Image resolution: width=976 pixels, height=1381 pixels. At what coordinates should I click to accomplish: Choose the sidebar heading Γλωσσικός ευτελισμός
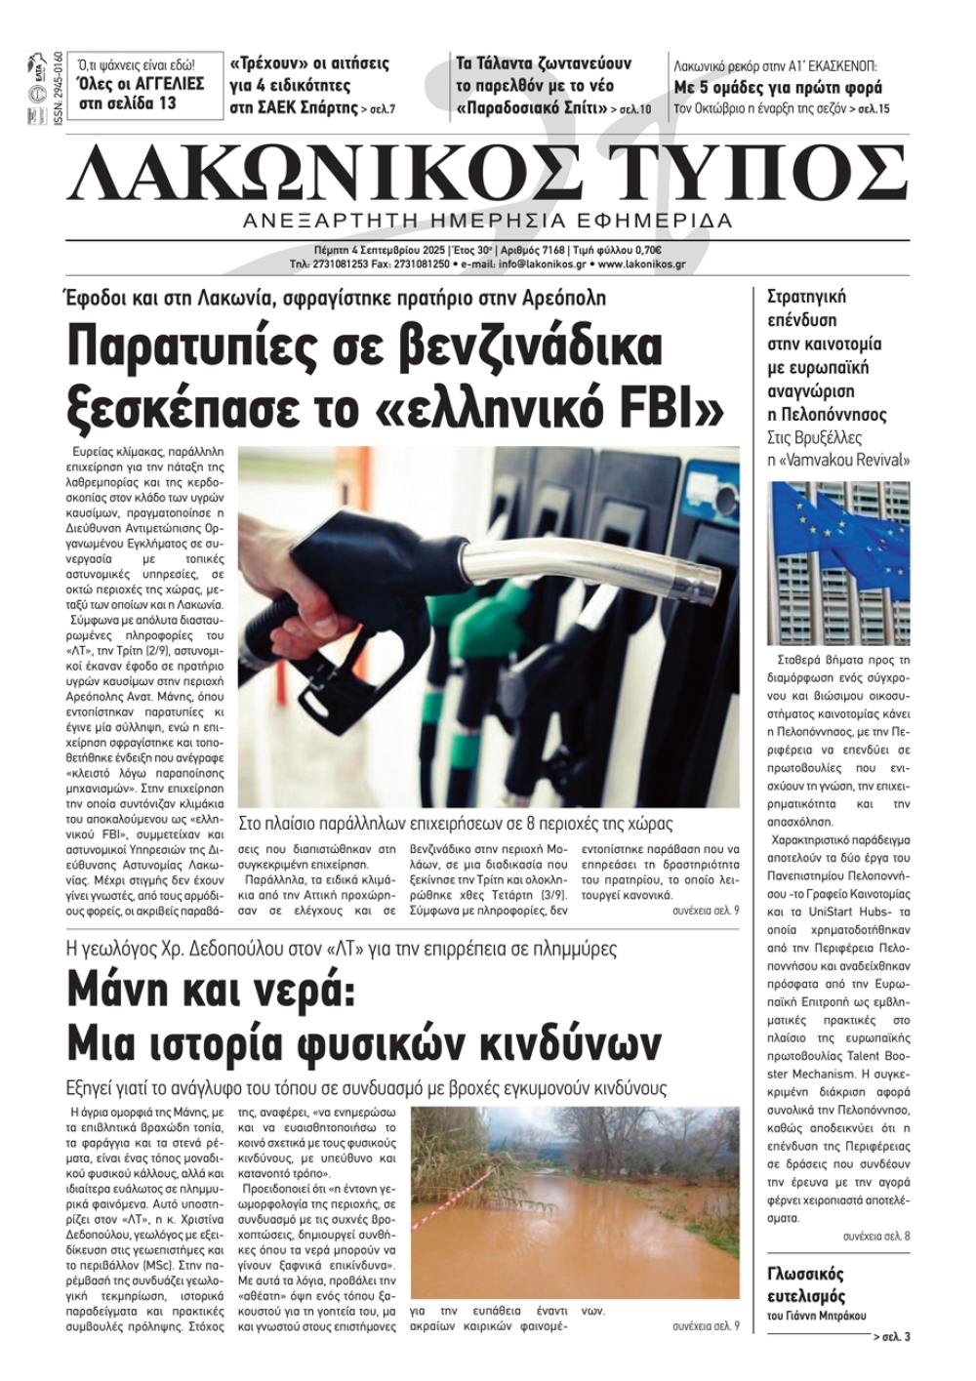click(805, 1285)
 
